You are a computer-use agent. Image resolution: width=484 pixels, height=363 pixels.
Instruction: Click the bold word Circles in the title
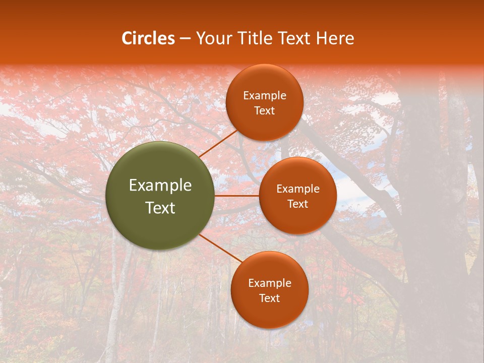(x=148, y=38)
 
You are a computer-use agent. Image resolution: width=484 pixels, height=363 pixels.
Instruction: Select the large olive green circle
(x=160, y=196)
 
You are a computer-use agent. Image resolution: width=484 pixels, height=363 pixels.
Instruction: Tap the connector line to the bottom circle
(x=221, y=249)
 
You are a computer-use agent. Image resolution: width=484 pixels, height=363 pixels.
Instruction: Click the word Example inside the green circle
(x=160, y=186)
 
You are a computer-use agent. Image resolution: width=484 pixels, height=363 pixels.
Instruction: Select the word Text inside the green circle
(x=160, y=208)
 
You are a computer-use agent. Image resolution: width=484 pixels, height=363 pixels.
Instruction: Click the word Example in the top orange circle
(x=264, y=96)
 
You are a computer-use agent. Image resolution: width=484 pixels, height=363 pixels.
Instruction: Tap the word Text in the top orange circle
(x=264, y=111)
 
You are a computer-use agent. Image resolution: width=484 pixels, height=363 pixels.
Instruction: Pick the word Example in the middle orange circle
(x=297, y=189)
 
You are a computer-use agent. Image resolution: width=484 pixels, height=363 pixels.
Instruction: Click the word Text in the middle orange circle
(x=297, y=204)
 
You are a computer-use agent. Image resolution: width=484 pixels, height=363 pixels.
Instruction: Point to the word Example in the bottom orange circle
(x=269, y=283)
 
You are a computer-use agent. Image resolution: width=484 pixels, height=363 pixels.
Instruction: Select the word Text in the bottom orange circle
(x=269, y=298)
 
